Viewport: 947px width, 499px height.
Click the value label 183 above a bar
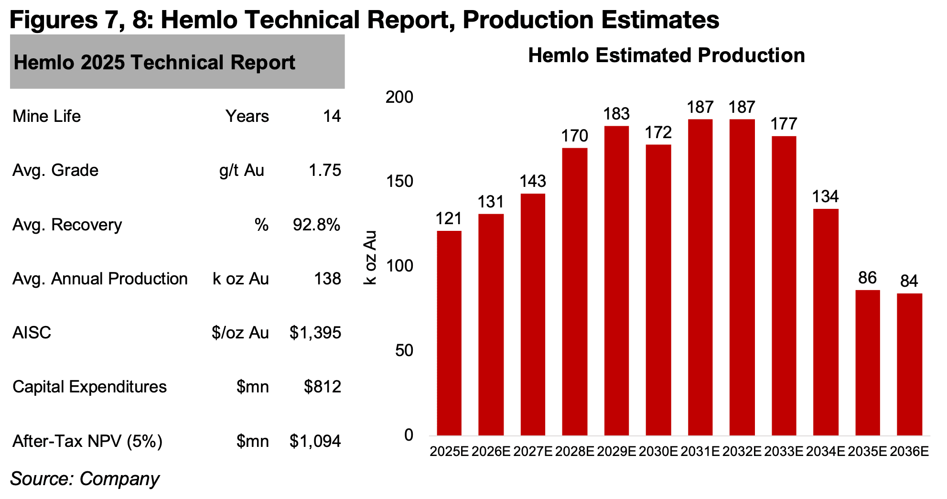pyautogui.click(x=616, y=114)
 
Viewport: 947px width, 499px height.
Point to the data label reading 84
pyautogui.click(x=909, y=281)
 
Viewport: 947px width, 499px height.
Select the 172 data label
pyautogui.click(x=658, y=132)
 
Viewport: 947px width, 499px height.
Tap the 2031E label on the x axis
pyautogui.click(x=700, y=451)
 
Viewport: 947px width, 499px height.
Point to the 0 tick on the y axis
pyautogui.click(x=409, y=435)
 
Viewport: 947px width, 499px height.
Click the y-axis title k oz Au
pyautogui.click(x=370, y=258)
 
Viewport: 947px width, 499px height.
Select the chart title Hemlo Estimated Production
pyautogui.click(x=666, y=55)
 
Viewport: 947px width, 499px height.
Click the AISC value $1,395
pyautogui.click(x=315, y=333)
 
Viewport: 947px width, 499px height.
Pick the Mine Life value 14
pyautogui.click(x=332, y=116)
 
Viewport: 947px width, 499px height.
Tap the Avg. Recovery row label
pyautogui.click(x=67, y=225)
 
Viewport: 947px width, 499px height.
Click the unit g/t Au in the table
pyautogui.click(x=242, y=170)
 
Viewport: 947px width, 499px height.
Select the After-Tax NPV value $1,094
pyautogui.click(x=315, y=441)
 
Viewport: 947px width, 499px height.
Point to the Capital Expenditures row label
pyautogui.click(x=89, y=387)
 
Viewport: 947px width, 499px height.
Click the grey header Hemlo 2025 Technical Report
pyautogui.click(x=177, y=62)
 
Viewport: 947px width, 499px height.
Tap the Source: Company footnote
pyautogui.click(x=85, y=478)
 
